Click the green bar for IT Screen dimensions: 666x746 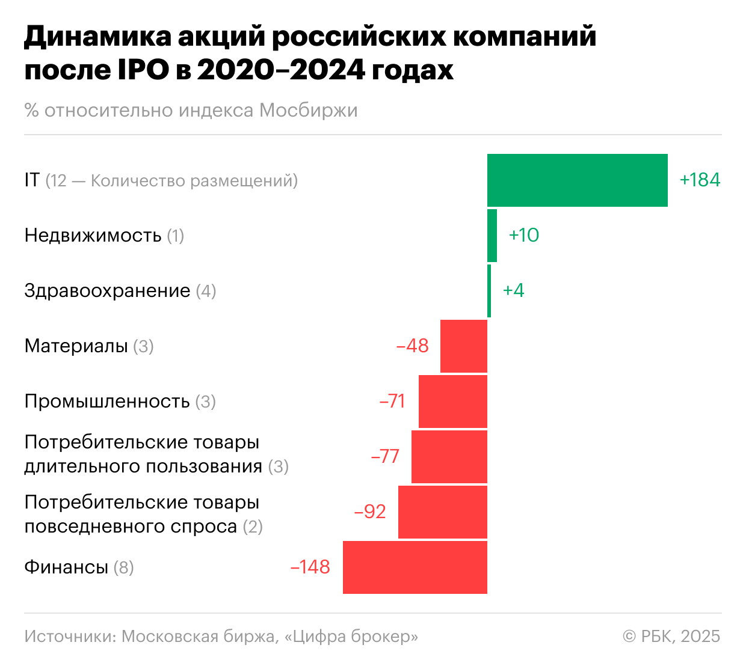[x=577, y=180]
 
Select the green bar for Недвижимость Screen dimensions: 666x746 [x=492, y=236]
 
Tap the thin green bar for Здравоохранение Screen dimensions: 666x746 [x=489, y=291]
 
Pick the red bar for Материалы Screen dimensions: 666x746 [x=463, y=346]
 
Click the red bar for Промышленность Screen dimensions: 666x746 [x=452, y=402]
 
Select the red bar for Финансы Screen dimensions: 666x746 [x=415, y=567]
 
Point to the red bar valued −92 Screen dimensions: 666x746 [x=442, y=512]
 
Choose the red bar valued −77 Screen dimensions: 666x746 [x=449, y=457]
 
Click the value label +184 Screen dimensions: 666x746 [x=700, y=180]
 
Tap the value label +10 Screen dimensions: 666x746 [x=523, y=235]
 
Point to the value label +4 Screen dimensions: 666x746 [x=513, y=290]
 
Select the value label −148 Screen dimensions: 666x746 [x=310, y=567]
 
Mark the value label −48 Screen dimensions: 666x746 [x=412, y=346]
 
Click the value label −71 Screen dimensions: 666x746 [x=392, y=401]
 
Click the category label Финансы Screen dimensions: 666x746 [x=66, y=567]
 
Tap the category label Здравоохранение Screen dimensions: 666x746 [x=107, y=291]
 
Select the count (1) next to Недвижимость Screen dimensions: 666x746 [x=175, y=236]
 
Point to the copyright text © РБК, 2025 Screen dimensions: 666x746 [x=671, y=636]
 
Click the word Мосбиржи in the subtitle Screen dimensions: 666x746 [x=308, y=111]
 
